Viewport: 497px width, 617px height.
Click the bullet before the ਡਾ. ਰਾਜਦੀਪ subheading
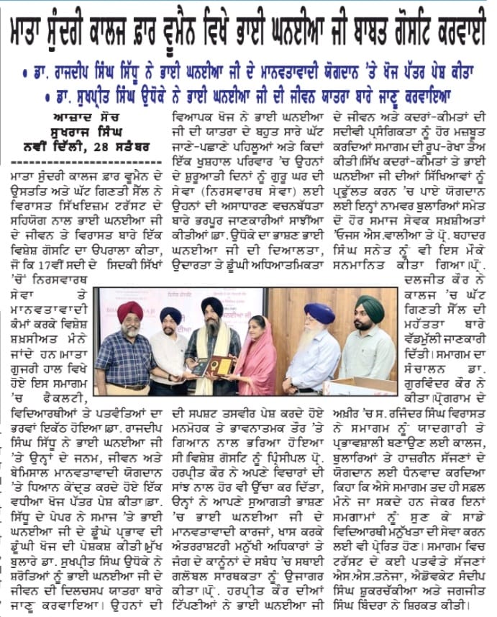pyautogui.click(x=26, y=74)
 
